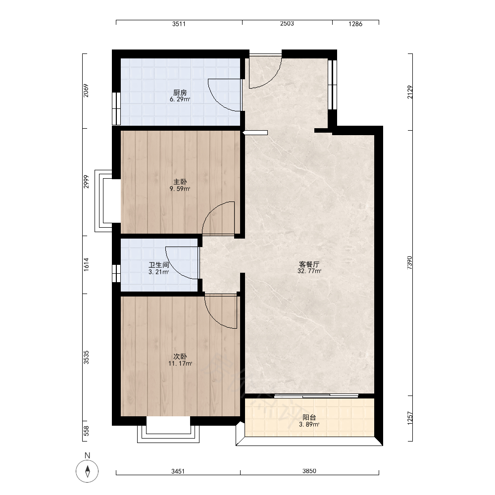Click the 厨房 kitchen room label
click(x=180, y=93)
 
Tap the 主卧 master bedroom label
click(x=180, y=182)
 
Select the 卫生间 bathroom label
click(x=159, y=265)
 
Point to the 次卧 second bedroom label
click(x=180, y=356)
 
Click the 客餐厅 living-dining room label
click(x=309, y=264)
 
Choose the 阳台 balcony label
click(x=309, y=417)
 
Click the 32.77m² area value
click(x=309, y=271)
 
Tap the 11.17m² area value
click(x=180, y=363)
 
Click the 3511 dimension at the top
click(x=179, y=24)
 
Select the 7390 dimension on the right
click(x=409, y=262)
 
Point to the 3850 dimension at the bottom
click(x=309, y=471)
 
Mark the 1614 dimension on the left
click(x=86, y=264)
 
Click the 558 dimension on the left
click(x=86, y=431)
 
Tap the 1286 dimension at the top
click(x=355, y=24)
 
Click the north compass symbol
click(x=88, y=471)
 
